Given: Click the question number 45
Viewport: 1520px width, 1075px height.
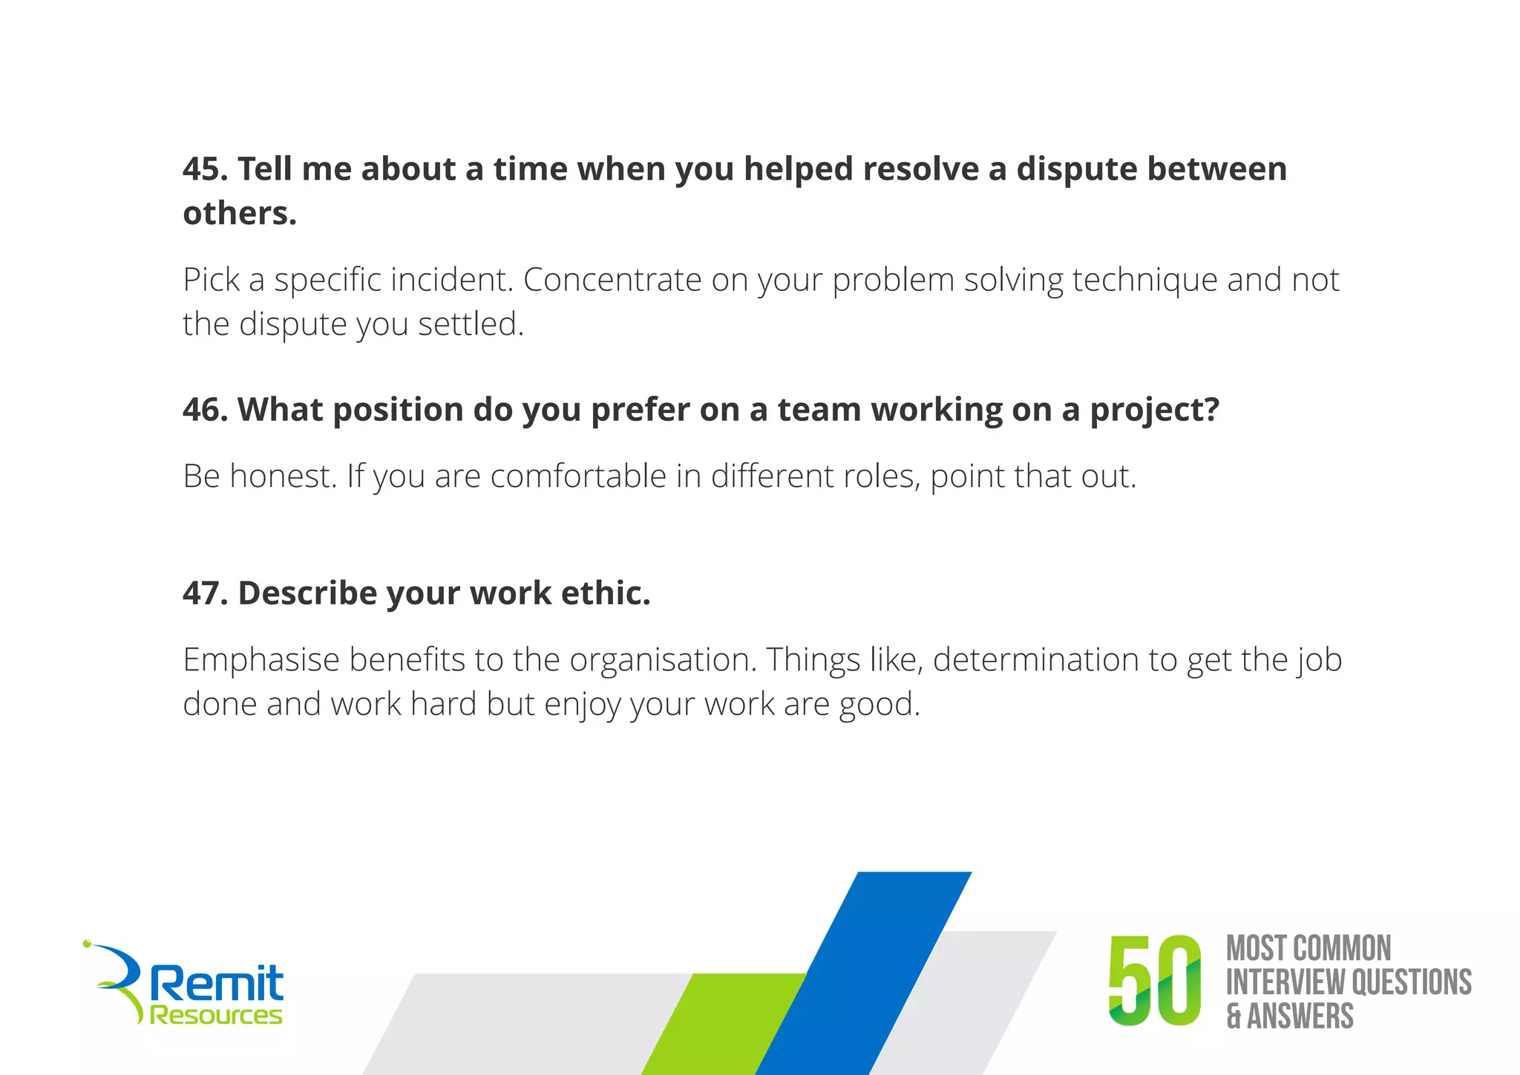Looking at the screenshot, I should [x=205, y=169].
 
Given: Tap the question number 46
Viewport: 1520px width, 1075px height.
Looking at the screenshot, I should [x=205, y=410].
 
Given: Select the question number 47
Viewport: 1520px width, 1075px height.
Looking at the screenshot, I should [x=205, y=593].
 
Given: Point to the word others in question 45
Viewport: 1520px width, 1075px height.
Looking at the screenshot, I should [x=239, y=214].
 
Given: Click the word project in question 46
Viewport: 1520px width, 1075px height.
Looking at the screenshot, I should [x=1154, y=410].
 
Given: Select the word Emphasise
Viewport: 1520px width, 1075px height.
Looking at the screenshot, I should [x=261, y=659].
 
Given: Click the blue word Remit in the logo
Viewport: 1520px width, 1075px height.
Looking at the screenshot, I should [x=217, y=983].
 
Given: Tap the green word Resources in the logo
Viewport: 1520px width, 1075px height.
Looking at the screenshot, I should [x=216, y=1015].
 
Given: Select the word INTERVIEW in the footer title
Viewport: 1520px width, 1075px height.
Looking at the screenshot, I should [x=1285, y=981].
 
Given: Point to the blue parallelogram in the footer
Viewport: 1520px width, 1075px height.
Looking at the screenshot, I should [x=865, y=973].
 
